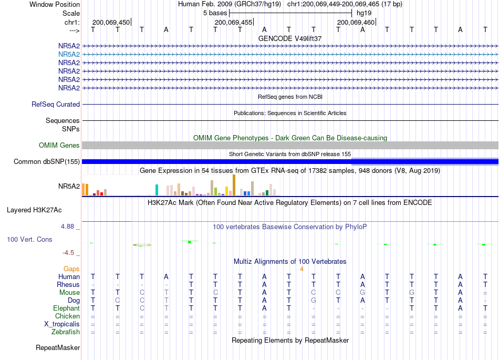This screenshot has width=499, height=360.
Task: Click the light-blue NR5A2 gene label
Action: coord(69,55)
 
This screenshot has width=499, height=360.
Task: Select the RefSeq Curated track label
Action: coord(56,104)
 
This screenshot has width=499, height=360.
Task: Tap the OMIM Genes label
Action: coord(59,145)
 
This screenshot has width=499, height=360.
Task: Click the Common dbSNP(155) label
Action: coord(47,162)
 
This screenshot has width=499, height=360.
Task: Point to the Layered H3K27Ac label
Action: coord(34,210)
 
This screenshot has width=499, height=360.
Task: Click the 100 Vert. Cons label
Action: coord(29,239)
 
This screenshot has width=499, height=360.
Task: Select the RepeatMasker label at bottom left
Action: coord(58,347)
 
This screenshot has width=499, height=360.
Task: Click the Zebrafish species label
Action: coord(66,332)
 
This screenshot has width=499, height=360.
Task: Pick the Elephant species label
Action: coord(67,308)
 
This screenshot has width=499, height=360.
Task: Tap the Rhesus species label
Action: coord(68,284)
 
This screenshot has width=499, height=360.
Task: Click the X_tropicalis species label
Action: coord(62,324)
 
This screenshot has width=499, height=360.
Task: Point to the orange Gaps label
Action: coord(71,269)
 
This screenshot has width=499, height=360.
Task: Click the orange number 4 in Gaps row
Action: coord(302,269)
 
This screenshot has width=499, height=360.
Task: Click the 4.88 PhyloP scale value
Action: coord(68,227)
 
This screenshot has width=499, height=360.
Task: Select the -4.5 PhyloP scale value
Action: coord(68,253)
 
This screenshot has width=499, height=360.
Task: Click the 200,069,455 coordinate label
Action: coord(233,22)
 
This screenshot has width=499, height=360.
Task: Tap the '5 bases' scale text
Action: coord(215,13)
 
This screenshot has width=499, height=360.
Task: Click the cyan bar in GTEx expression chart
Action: coord(157,190)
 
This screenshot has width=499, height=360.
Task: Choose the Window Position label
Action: coord(55,4)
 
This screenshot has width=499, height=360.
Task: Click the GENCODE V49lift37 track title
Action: coord(290,38)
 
